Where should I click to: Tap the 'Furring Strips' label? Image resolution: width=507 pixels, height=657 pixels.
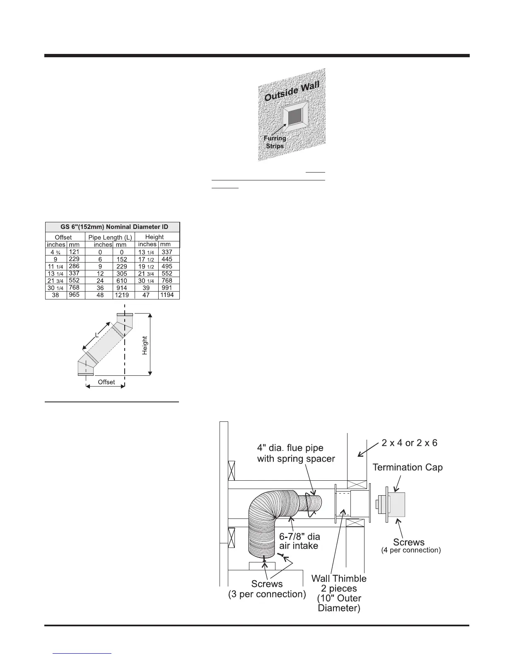(275, 142)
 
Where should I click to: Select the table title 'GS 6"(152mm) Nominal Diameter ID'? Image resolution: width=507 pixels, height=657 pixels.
(112, 227)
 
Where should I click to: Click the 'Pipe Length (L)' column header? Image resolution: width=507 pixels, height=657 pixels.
(110, 237)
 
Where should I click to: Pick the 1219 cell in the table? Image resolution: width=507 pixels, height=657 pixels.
(122, 295)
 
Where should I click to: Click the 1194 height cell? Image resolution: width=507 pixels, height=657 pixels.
(167, 295)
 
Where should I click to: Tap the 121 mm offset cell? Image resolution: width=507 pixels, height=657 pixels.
(74, 252)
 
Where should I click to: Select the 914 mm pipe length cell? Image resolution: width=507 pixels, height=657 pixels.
(122, 288)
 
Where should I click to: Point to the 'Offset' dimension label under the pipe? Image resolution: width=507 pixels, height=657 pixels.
(106, 382)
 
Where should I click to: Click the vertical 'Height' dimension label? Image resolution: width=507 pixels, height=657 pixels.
(145, 345)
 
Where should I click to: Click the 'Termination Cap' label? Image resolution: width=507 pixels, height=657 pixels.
(408, 467)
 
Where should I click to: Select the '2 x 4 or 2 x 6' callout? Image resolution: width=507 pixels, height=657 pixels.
(409, 443)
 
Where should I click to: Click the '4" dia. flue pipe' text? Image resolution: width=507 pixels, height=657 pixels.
(290, 448)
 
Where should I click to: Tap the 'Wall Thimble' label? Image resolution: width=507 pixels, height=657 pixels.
(339, 578)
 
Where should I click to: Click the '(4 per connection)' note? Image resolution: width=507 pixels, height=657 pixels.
(410, 550)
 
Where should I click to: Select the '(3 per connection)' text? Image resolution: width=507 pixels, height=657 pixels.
(267, 594)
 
